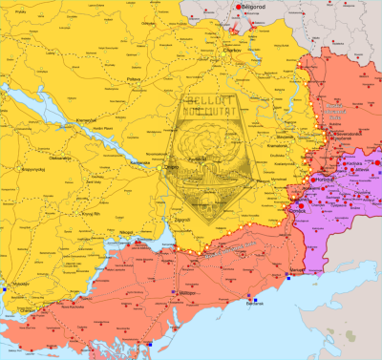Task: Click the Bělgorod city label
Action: click(250, 9)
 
